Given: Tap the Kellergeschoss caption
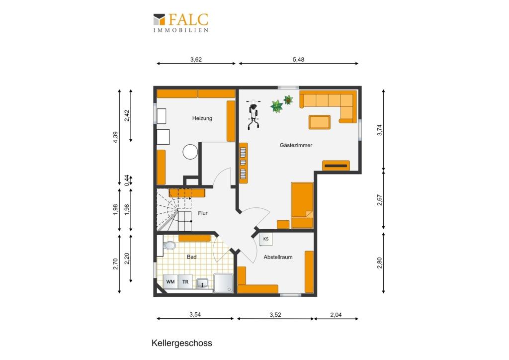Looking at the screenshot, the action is [x=182, y=343].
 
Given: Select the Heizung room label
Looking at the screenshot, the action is [x=202, y=118].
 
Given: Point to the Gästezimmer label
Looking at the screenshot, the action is [x=296, y=145].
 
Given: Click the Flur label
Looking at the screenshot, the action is [x=203, y=213].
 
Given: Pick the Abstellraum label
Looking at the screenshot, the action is [x=278, y=257].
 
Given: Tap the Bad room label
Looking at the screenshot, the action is [x=191, y=257].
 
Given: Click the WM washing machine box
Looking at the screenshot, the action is [x=170, y=282].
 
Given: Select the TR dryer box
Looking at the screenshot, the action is [x=185, y=282].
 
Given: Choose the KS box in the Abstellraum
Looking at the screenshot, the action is [x=266, y=239].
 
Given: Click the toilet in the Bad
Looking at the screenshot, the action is [x=169, y=245].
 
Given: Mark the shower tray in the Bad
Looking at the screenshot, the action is [x=223, y=283].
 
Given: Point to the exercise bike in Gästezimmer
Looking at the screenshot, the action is [x=253, y=114].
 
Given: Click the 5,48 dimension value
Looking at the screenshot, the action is [x=299, y=59].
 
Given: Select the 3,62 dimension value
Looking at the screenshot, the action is [x=196, y=59].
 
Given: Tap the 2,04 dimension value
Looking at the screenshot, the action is [x=336, y=315].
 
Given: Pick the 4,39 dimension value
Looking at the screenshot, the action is [x=116, y=137].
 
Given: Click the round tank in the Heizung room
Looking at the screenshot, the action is [x=190, y=152].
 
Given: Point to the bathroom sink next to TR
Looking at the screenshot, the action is [x=203, y=283].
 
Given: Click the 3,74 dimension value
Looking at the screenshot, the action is [x=380, y=130].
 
